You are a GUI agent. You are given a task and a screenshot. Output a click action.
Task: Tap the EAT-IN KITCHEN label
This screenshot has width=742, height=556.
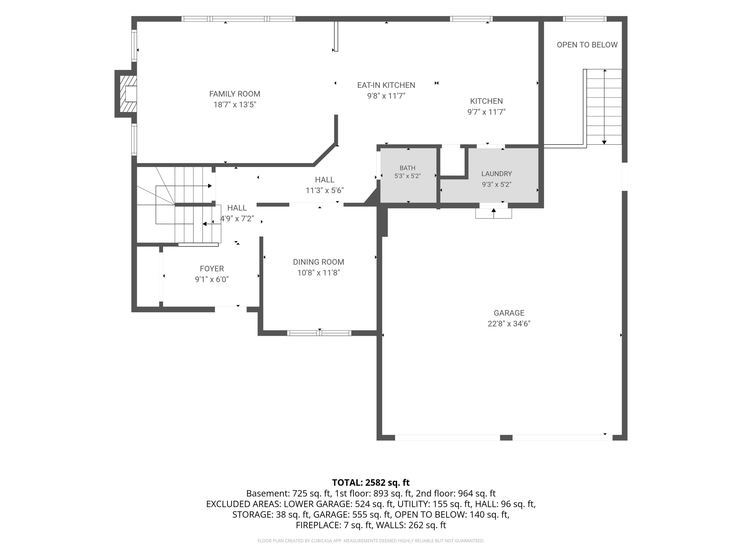386,85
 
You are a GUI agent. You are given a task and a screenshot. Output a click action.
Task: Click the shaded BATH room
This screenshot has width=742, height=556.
408,175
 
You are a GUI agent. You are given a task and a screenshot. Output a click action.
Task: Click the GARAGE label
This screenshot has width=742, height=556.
509,313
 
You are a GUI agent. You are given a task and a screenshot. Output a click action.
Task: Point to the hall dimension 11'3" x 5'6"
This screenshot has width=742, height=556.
324,190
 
